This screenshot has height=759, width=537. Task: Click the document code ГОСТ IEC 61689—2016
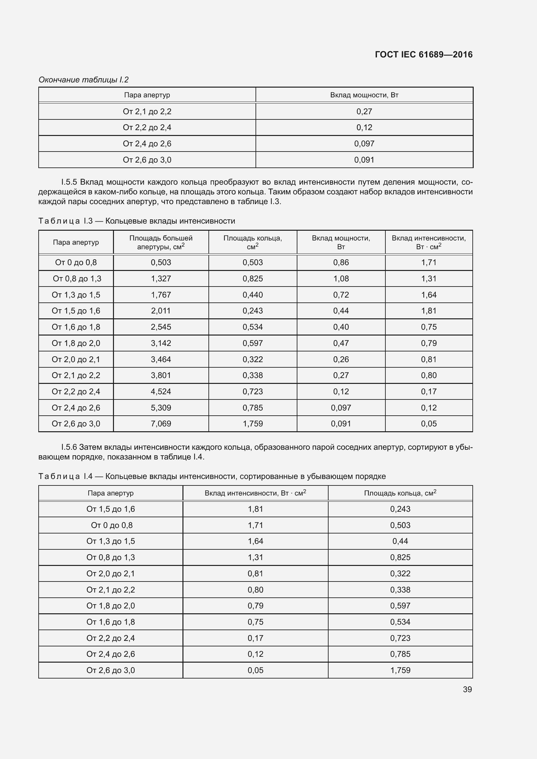click(x=424, y=55)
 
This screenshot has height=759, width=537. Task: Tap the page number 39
click(x=467, y=689)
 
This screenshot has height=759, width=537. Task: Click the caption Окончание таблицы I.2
click(x=83, y=80)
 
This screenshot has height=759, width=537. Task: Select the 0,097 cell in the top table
click(x=364, y=143)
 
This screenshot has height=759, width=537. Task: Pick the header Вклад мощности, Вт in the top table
click(x=364, y=95)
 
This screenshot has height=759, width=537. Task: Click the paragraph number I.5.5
click(x=69, y=182)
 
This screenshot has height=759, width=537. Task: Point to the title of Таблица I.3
click(x=137, y=221)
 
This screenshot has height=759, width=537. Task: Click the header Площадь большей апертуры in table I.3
click(x=161, y=242)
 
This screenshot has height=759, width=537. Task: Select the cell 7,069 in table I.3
click(x=161, y=424)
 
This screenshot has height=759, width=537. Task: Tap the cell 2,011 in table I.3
click(x=161, y=311)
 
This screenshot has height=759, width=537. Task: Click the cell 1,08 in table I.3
click(x=341, y=279)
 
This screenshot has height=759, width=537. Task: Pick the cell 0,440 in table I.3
click(x=253, y=295)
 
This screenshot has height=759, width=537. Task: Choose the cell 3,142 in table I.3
click(x=161, y=343)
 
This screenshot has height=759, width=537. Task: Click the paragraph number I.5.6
click(x=69, y=447)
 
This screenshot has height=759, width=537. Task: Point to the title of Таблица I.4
click(x=212, y=476)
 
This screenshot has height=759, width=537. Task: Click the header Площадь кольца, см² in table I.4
click(x=400, y=493)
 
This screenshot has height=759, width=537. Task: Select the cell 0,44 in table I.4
click(x=400, y=541)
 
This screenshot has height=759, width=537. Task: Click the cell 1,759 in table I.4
click(x=400, y=670)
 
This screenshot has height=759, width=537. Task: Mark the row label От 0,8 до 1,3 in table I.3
click(x=77, y=279)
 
